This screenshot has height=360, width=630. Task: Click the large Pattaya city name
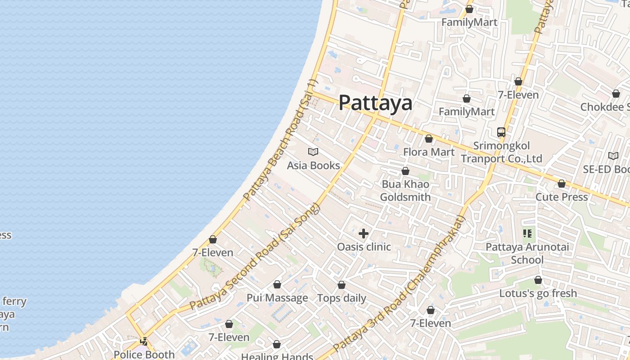click(x=375, y=103)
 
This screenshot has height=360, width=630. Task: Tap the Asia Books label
click(x=313, y=166)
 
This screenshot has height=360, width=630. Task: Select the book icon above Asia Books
click(x=313, y=152)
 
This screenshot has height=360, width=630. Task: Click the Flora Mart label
click(x=428, y=152)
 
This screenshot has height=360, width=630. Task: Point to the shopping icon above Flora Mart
click(x=428, y=139)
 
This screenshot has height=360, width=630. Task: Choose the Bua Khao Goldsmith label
click(x=405, y=191)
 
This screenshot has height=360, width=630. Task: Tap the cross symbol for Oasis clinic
click(x=363, y=233)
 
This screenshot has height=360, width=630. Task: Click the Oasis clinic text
click(x=364, y=247)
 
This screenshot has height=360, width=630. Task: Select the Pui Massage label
click(x=277, y=298)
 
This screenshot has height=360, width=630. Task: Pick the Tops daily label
click(x=342, y=298)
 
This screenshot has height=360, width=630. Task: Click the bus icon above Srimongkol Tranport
click(x=501, y=132)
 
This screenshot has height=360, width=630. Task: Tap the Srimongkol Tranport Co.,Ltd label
click(x=501, y=152)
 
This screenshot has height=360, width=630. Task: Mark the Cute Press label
click(x=561, y=197)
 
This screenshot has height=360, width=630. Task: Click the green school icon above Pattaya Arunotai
click(x=527, y=233)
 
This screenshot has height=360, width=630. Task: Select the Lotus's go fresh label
click(x=538, y=293)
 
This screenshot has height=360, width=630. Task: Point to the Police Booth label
click(x=144, y=354)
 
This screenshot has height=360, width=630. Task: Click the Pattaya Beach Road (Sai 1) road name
click(x=280, y=140)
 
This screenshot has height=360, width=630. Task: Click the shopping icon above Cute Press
click(x=561, y=184)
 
